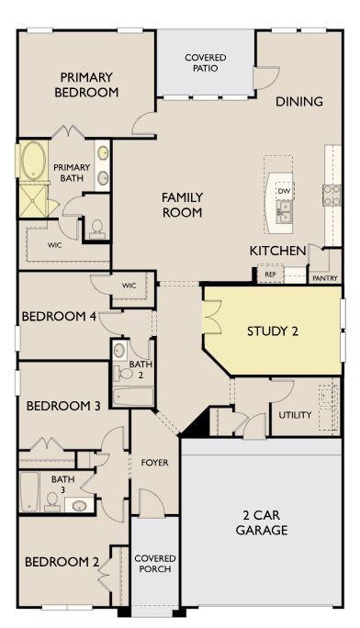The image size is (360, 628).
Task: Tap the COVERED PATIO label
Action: pos(205,62)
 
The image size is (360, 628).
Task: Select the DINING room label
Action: pos(299,102)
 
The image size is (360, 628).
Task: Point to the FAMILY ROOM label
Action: pos(182,205)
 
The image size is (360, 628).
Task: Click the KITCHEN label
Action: pos(277,251)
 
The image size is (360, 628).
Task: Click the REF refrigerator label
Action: pos(270,275)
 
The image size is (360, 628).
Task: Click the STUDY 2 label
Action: pos(273,331)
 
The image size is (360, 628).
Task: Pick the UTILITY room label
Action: pos(294,415)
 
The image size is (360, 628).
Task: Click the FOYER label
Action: pos(154,463)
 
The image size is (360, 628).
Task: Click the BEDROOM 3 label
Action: pos(63,406)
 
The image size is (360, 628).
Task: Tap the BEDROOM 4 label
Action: pos(59,317)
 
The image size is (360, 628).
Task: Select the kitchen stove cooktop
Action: pos(332,194)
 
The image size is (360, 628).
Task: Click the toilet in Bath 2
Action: pos(121,372)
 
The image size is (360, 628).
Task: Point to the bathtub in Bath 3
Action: pos(28,491)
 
